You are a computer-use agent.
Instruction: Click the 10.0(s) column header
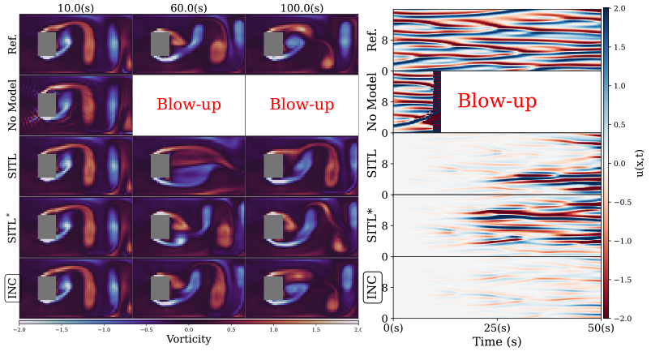tap(74, 6)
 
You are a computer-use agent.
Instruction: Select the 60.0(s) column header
tap(188, 6)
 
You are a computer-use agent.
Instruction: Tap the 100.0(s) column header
tap(301, 6)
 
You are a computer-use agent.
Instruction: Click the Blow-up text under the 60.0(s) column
tap(188, 105)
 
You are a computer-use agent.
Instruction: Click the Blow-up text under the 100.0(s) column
tap(301, 105)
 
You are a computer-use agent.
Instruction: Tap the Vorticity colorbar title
tap(188, 339)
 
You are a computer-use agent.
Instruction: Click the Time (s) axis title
tap(497, 345)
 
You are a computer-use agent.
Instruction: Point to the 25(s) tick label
tap(497, 328)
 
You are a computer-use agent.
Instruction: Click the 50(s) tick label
tap(600, 328)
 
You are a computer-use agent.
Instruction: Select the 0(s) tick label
tap(394, 328)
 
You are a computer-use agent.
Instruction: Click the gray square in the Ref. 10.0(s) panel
tap(47, 44)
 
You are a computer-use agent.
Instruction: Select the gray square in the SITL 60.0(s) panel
tap(161, 166)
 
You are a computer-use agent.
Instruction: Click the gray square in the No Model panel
tap(47, 105)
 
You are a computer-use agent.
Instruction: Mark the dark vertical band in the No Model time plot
tap(437, 101)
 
